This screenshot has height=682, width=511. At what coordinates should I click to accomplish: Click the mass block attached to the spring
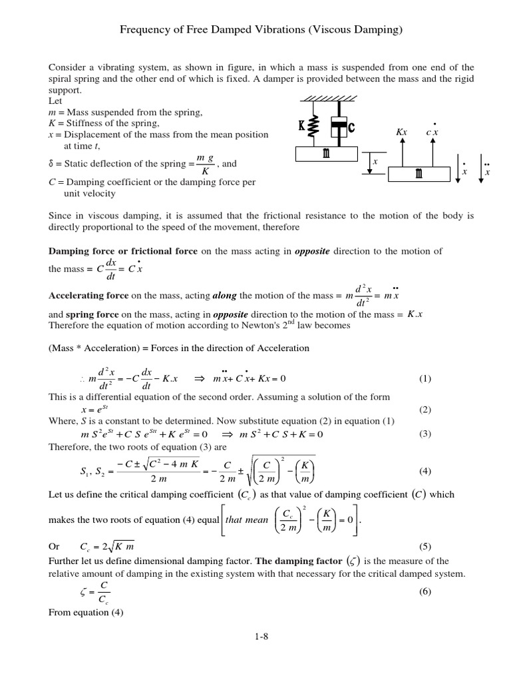(327, 154)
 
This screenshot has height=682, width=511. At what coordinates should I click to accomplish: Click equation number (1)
(425, 379)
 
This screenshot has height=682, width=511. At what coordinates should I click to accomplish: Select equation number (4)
(425, 471)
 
